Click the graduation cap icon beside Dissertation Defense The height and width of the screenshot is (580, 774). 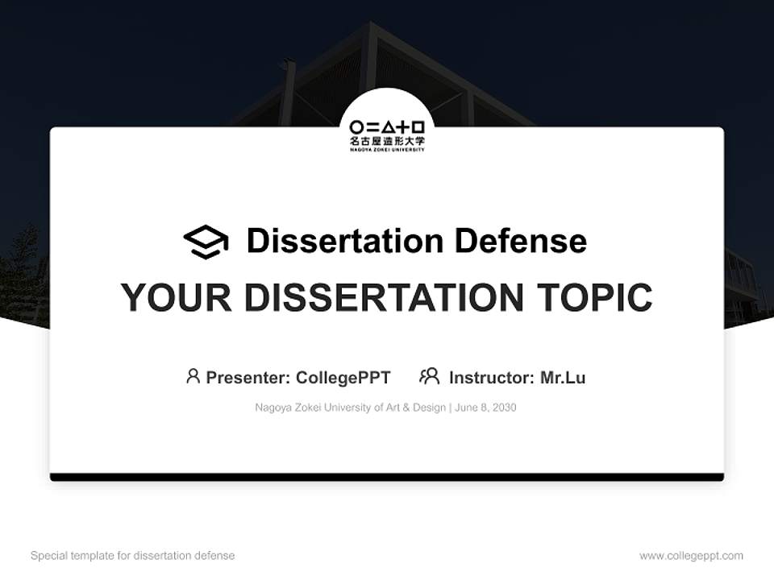(x=206, y=242)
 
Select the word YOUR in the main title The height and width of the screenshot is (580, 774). (x=177, y=297)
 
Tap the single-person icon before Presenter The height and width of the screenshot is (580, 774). (x=193, y=376)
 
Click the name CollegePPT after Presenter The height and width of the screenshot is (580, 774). (x=343, y=378)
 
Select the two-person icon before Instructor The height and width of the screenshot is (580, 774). (x=429, y=376)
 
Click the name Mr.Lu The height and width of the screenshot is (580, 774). (x=562, y=378)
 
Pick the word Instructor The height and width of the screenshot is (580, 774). (x=490, y=378)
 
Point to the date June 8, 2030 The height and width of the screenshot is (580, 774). (x=485, y=408)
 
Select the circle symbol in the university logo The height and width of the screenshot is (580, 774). (x=356, y=126)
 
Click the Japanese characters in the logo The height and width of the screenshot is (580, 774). (x=387, y=139)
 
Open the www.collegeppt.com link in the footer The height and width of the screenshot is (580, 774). (x=691, y=556)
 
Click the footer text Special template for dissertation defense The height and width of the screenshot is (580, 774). (x=132, y=556)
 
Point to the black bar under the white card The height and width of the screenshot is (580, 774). (x=387, y=478)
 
